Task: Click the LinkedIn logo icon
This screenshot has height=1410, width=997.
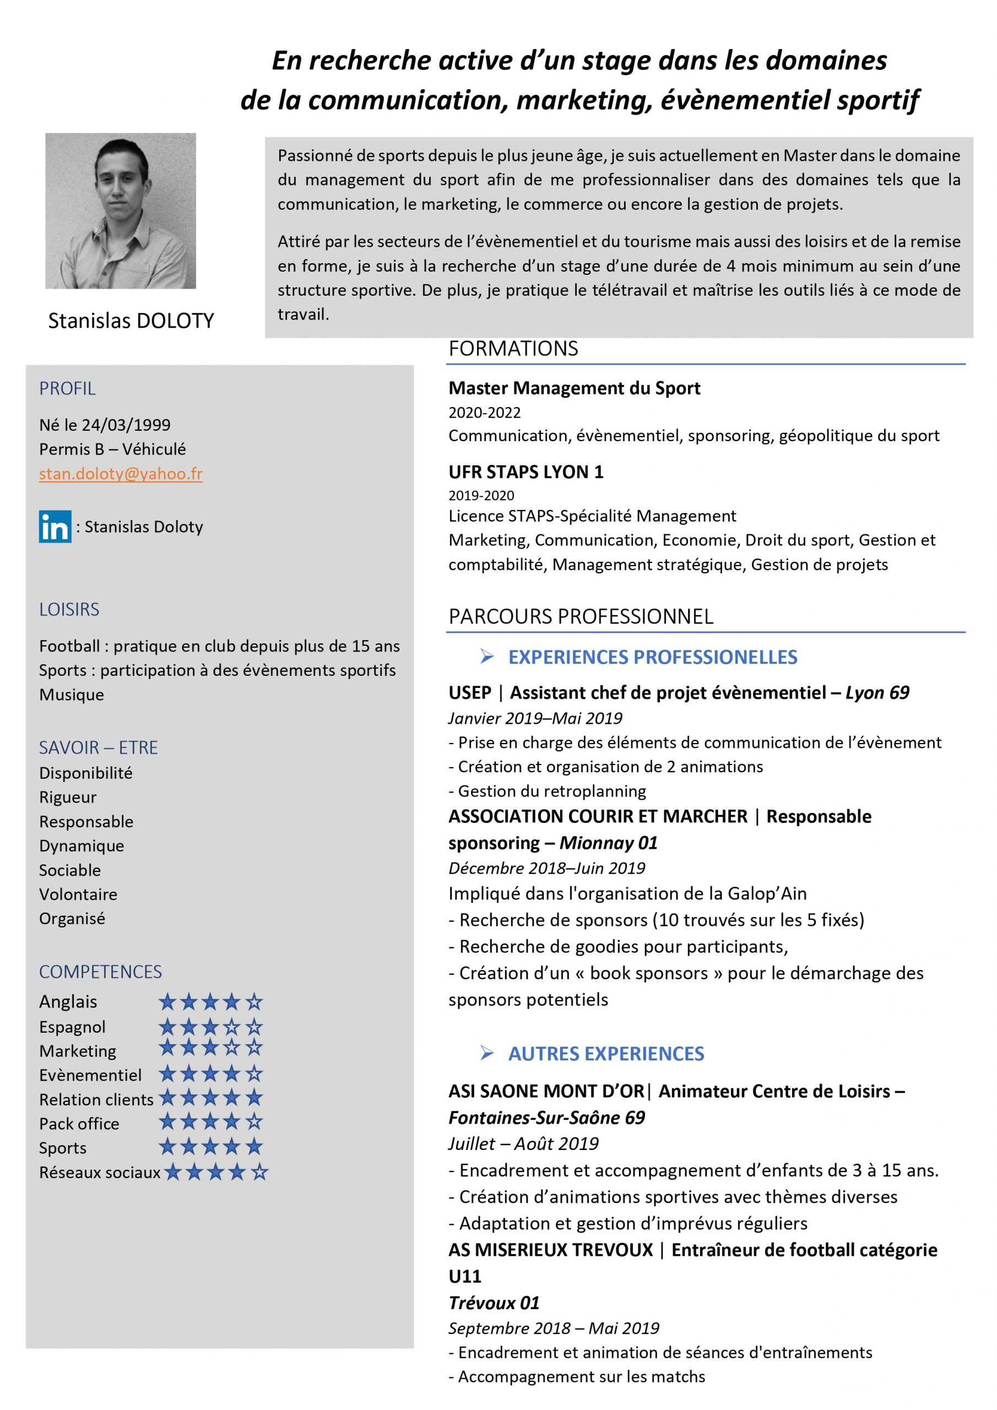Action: tap(55, 527)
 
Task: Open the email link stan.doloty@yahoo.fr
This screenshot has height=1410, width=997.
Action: tap(121, 474)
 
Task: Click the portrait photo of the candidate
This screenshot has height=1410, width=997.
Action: tap(121, 210)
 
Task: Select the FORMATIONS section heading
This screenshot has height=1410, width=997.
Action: tap(513, 349)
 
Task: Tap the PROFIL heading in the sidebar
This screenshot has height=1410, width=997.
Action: tap(67, 389)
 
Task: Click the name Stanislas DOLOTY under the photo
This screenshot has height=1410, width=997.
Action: tap(131, 321)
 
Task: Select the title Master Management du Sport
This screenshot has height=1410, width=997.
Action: tap(574, 388)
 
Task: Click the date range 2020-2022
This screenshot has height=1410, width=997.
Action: tap(484, 413)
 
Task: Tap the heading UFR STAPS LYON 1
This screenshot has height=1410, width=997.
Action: tap(526, 471)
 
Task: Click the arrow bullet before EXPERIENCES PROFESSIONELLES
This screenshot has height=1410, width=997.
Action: tap(486, 657)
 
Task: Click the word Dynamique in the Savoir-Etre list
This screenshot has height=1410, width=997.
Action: tap(81, 845)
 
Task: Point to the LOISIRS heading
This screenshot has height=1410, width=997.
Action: tap(69, 609)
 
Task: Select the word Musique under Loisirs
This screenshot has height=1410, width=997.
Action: tap(71, 695)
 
